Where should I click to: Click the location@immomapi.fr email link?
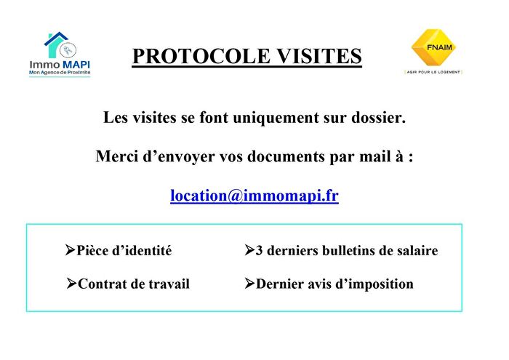pos(254,196)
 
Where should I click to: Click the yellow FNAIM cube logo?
pos(433,47)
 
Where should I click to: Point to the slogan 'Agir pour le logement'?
pos(433,72)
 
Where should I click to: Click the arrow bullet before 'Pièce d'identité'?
pos(71,250)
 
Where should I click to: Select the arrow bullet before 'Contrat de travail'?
pos(71,283)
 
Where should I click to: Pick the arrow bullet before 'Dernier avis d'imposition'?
pos(249,283)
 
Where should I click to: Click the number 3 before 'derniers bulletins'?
pos(260,251)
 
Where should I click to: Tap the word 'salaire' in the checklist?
pos(415,251)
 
